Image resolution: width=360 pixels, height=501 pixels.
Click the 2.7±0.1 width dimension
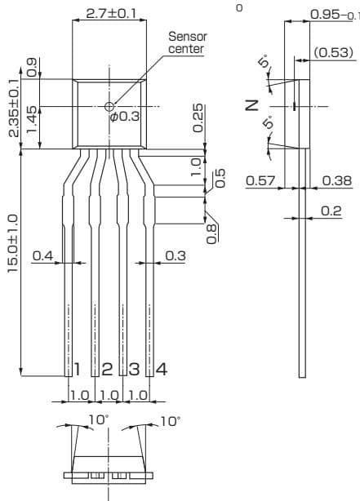pos(111,13)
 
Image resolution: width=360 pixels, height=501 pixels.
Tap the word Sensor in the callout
pos(188,37)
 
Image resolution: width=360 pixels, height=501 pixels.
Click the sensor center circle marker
pos(109,106)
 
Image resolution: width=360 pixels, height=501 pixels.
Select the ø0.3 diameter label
pos(125,116)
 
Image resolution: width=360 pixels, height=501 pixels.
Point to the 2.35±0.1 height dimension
pos(14,108)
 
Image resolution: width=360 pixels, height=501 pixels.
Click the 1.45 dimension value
pos(32,121)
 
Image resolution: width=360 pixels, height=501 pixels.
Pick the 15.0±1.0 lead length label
pos(13,244)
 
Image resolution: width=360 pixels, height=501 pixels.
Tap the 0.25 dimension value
pos(198,117)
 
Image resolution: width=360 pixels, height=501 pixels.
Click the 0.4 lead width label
pos(42,255)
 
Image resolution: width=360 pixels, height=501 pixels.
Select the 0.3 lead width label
pos(176,255)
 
